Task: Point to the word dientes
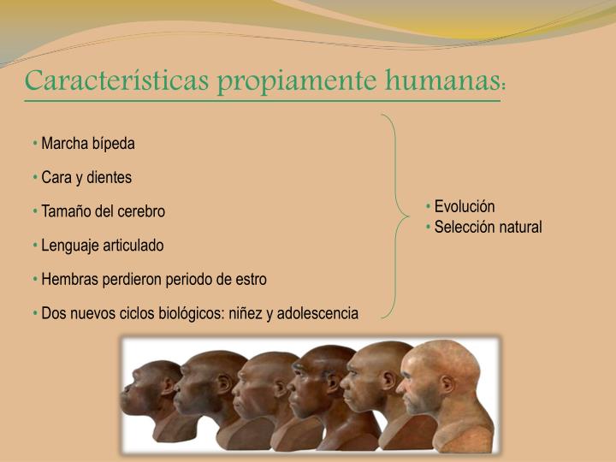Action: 110,177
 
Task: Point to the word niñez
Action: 247,313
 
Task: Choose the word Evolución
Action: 465,207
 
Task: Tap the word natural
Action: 520,227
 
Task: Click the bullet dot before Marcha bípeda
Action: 36,143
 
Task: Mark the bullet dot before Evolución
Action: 429,207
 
